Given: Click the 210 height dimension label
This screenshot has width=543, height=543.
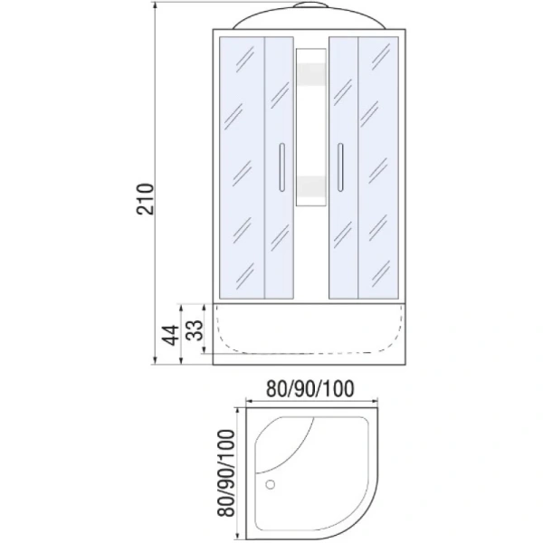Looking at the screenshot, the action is tap(145, 199).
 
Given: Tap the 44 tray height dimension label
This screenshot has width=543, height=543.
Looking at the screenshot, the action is tap(171, 335).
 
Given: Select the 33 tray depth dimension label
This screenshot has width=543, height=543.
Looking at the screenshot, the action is tap(195, 330).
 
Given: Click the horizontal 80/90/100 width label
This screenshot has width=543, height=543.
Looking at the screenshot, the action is tap(310, 388).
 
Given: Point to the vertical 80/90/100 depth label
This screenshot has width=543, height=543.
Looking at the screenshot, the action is tap(226, 473).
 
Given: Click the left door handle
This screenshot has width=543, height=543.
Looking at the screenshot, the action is tap(281, 167).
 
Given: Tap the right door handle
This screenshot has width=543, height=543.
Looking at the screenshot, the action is tap(340, 167).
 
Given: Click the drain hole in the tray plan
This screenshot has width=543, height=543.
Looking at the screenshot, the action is tap(270, 484).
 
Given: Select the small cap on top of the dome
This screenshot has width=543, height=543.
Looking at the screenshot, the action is tap(310, 5).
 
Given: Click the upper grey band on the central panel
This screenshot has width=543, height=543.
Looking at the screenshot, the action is tap(311, 74).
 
